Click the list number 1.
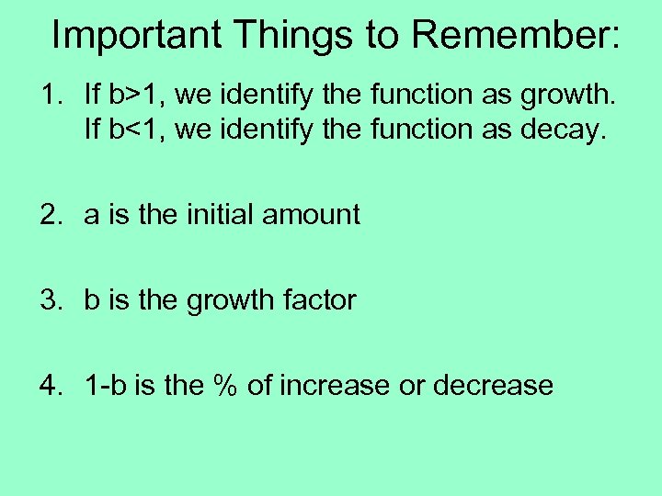47,95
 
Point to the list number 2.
49,215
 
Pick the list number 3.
49,300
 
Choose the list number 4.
49,385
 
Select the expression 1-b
103,385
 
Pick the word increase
335,385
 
